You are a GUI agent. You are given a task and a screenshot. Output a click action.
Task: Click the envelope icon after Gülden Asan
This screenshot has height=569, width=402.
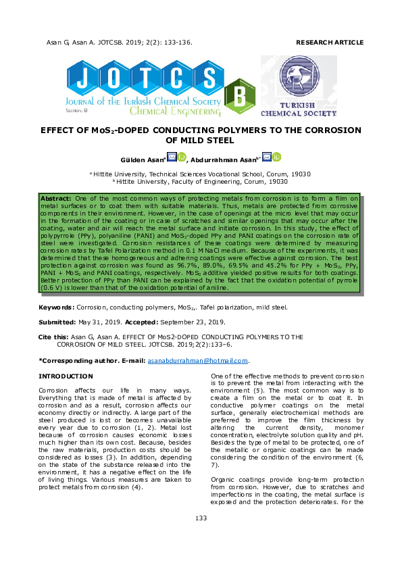172,157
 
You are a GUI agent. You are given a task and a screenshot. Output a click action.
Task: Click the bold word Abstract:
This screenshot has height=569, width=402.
57,197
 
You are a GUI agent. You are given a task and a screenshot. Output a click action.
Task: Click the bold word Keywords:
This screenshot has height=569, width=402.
57,307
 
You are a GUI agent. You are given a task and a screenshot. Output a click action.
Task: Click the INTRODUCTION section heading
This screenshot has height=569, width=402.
66,376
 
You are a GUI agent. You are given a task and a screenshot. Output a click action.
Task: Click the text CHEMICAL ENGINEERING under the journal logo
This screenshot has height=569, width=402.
174,110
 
